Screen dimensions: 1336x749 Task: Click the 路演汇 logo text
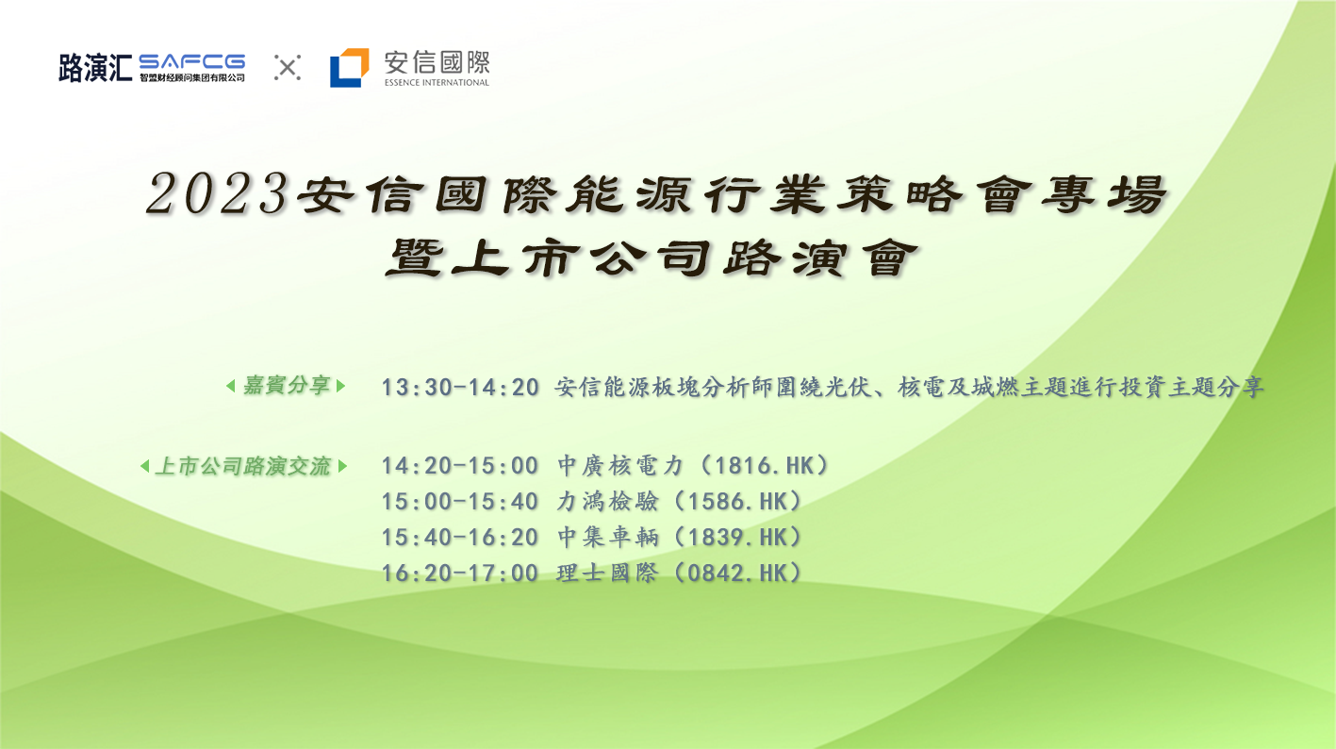point(95,67)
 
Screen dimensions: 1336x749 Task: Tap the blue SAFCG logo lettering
point(192,62)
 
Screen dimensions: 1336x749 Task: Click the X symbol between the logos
point(288,67)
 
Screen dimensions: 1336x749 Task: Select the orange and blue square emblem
point(350,67)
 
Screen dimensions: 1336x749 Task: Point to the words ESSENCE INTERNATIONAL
point(437,82)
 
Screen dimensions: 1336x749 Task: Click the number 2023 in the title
point(218,193)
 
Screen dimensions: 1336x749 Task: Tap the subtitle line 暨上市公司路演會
point(652,258)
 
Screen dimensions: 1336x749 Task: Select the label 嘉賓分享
point(287,386)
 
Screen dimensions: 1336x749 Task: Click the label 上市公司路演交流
point(242,466)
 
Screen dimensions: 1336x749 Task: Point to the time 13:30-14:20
point(460,388)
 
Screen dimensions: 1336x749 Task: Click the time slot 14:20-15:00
point(460,466)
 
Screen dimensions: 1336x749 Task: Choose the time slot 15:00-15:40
point(460,502)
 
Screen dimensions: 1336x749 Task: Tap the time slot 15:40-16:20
point(460,538)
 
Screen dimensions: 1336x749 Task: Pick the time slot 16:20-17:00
point(460,574)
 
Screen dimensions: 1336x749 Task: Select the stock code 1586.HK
point(738,502)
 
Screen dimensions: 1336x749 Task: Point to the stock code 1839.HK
point(738,538)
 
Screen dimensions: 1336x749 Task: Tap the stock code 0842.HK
point(738,574)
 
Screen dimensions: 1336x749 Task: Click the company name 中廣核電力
point(620,466)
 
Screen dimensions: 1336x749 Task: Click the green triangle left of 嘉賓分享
point(231,386)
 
